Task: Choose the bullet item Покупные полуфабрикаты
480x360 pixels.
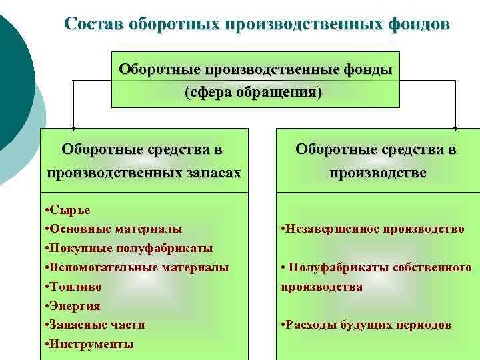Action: (x=128, y=248)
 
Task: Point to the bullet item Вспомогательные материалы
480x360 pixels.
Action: (x=137, y=267)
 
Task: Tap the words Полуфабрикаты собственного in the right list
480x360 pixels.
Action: (x=380, y=267)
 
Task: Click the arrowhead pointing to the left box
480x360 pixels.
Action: (x=73, y=125)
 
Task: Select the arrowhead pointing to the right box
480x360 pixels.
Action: (x=455, y=125)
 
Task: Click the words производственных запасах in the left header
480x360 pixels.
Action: (x=143, y=173)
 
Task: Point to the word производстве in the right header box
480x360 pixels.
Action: (x=377, y=173)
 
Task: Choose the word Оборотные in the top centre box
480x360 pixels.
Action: (x=159, y=70)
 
